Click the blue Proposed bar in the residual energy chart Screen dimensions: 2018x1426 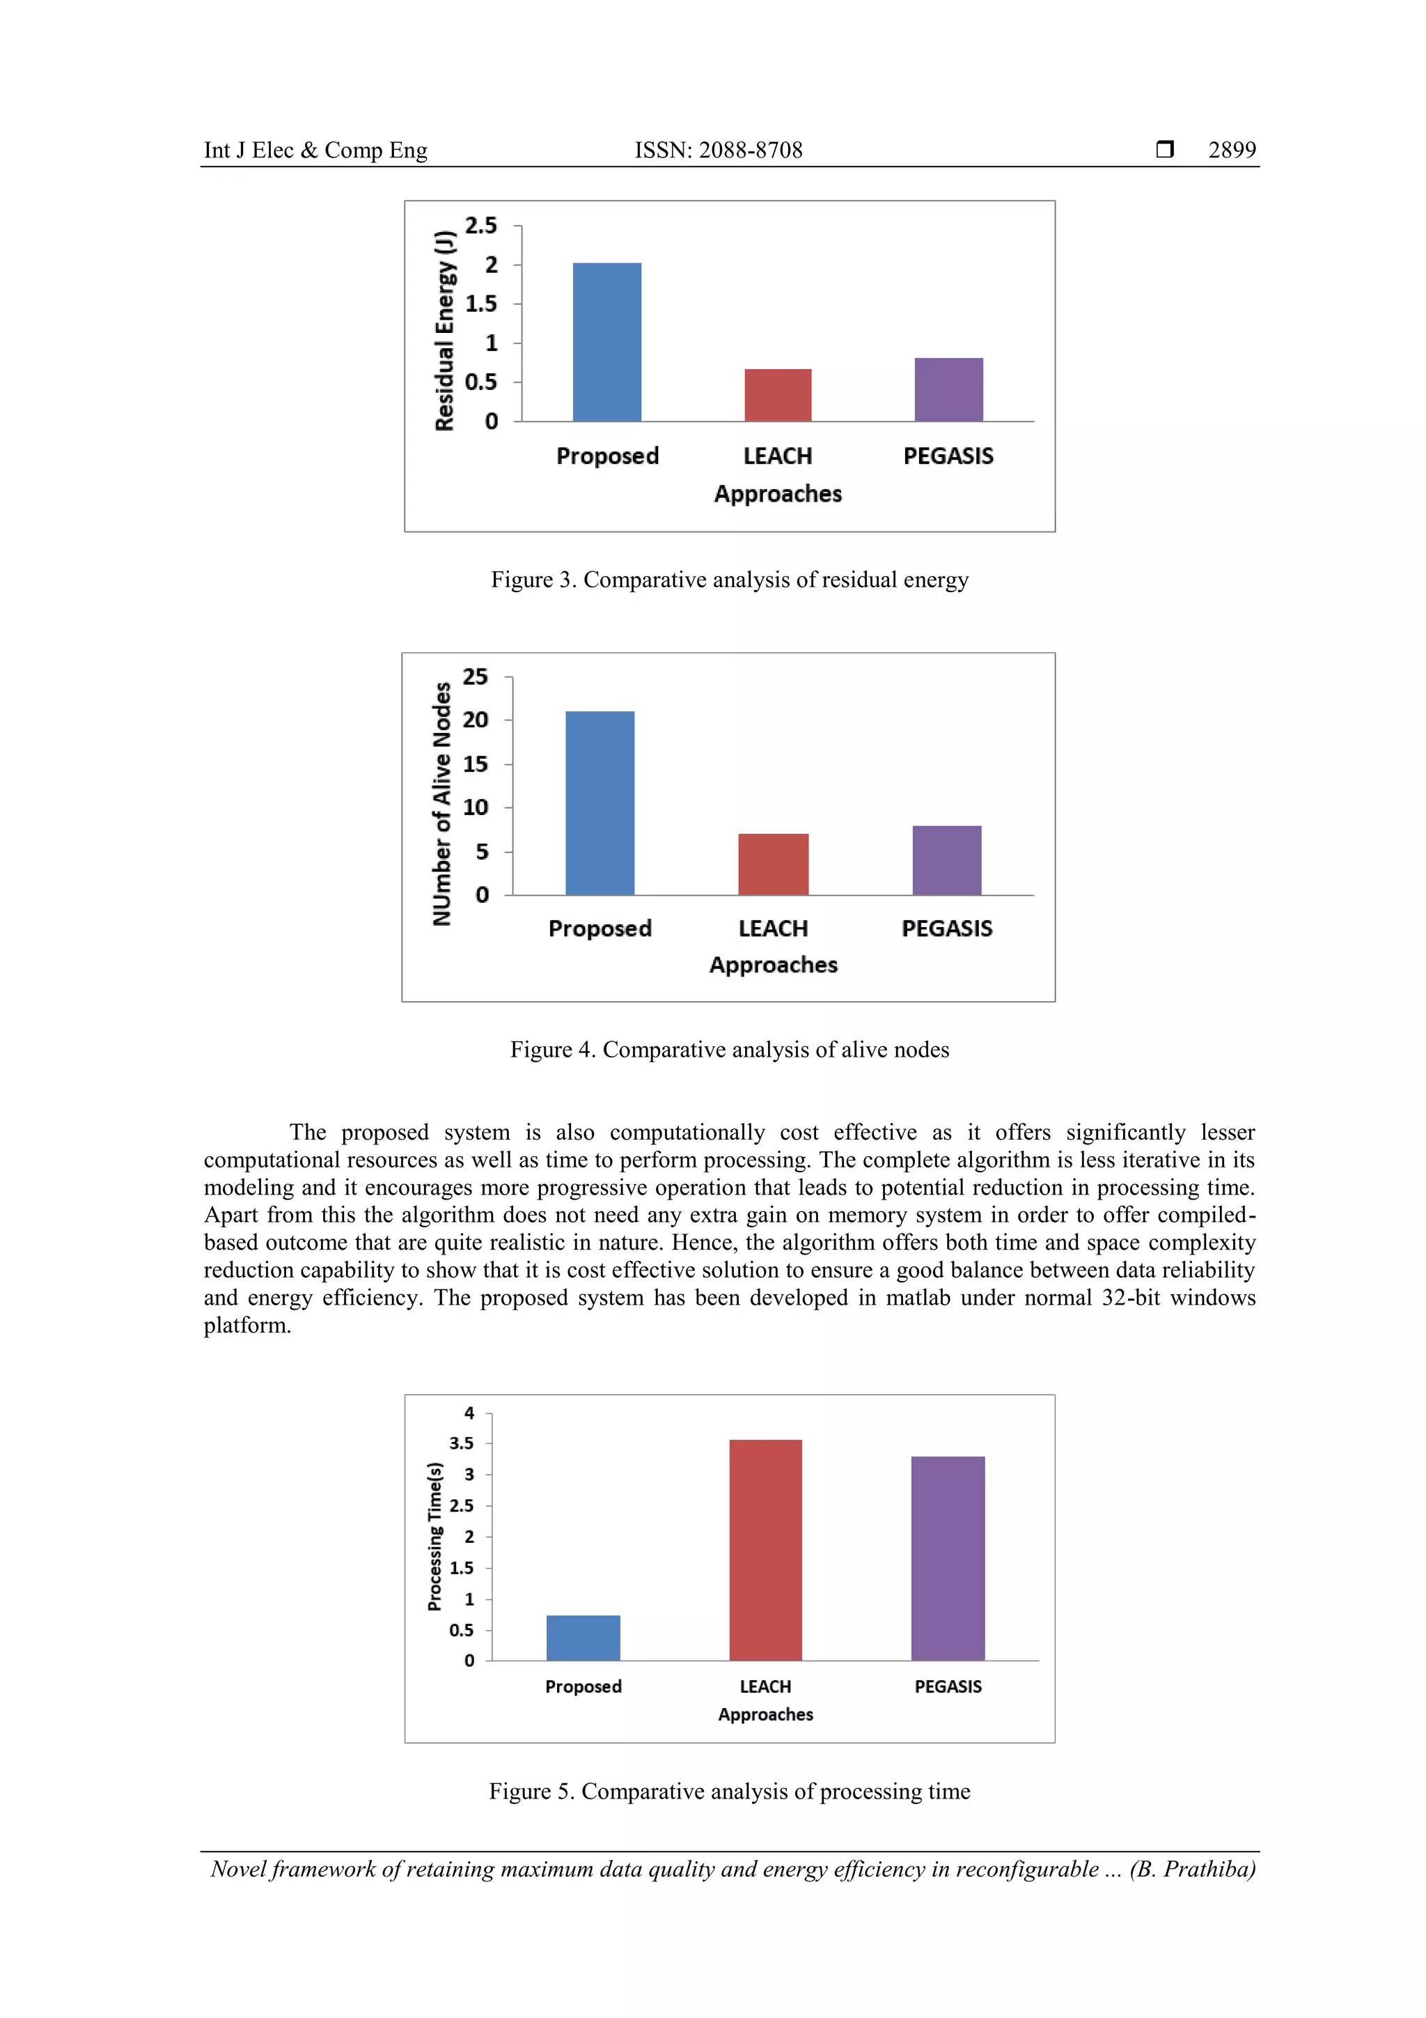pyautogui.click(x=606, y=342)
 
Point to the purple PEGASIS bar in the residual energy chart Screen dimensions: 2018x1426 pyautogui.click(x=948, y=389)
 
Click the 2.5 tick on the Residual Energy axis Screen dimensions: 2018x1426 pyautogui.click(x=480, y=226)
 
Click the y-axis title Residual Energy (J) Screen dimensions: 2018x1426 pyautogui.click(x=446, y=330)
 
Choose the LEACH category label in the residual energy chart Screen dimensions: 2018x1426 pyautogui.click(x=778, y=456)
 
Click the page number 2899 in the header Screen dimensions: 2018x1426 pyautogui.click(x=1231, y=150)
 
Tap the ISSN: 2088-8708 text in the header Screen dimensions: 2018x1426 pyautogui.click(x=718, y=150)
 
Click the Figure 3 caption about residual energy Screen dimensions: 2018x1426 pyautogui.click(x=729, y=580)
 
